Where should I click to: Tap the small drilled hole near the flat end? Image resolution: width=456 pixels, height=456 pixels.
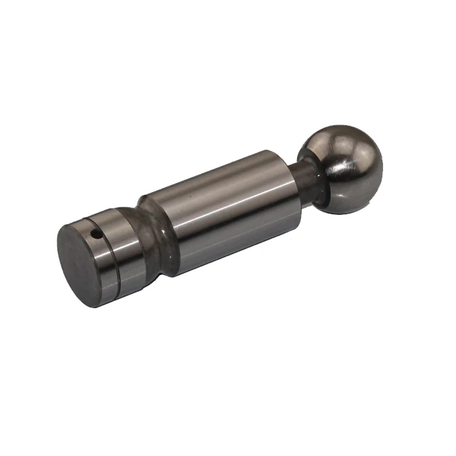[x=96, y=233]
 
